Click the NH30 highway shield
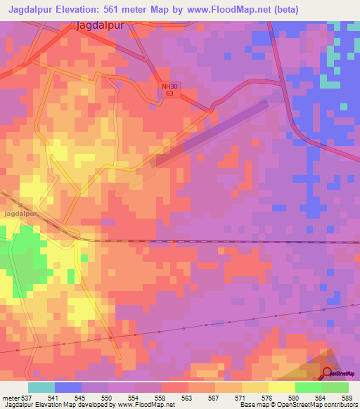(166, 84)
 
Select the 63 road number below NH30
(166, 93)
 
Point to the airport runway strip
(211, 133)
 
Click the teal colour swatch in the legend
(41, 387)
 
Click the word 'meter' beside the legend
(10, 398)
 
